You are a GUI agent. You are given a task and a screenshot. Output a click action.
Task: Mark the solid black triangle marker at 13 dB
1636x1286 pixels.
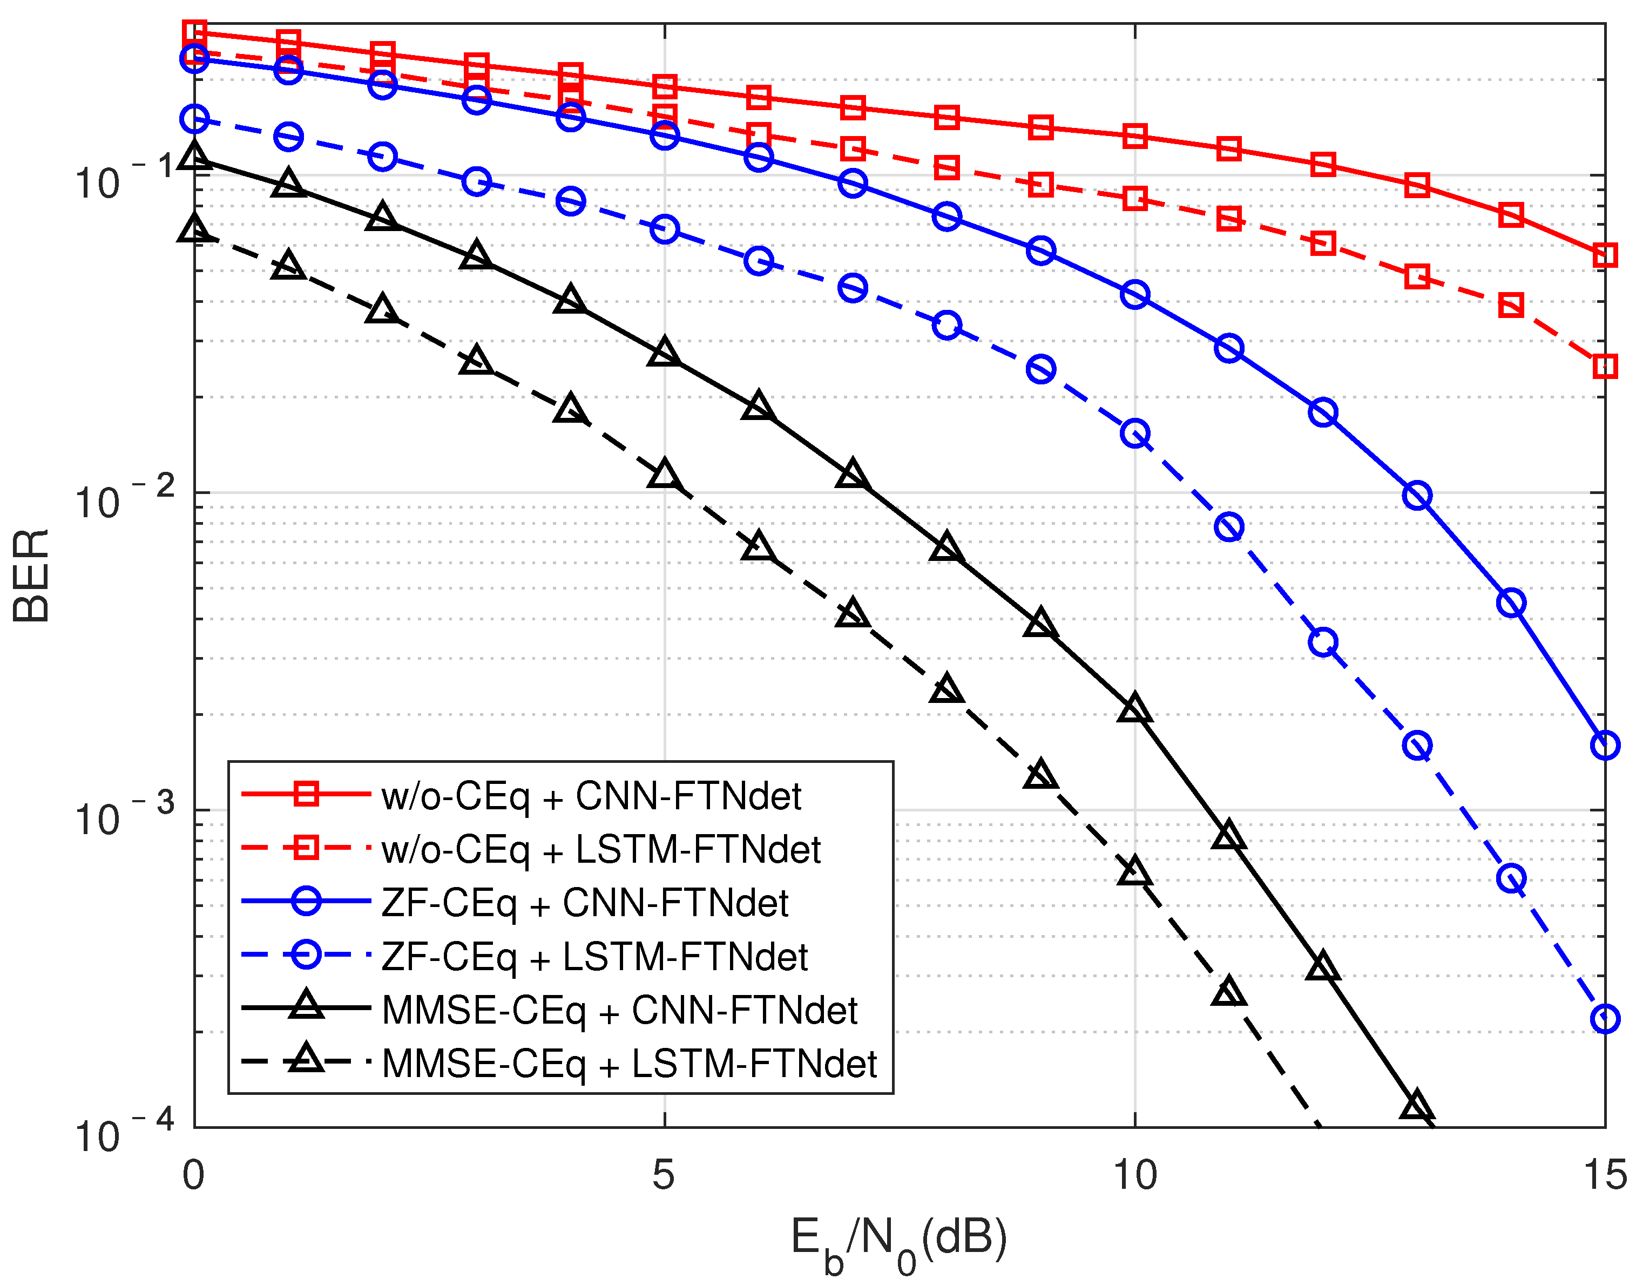pos(1417,1106)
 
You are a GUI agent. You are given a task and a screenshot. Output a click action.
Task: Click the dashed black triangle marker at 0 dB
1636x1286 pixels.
pos(194,229)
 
